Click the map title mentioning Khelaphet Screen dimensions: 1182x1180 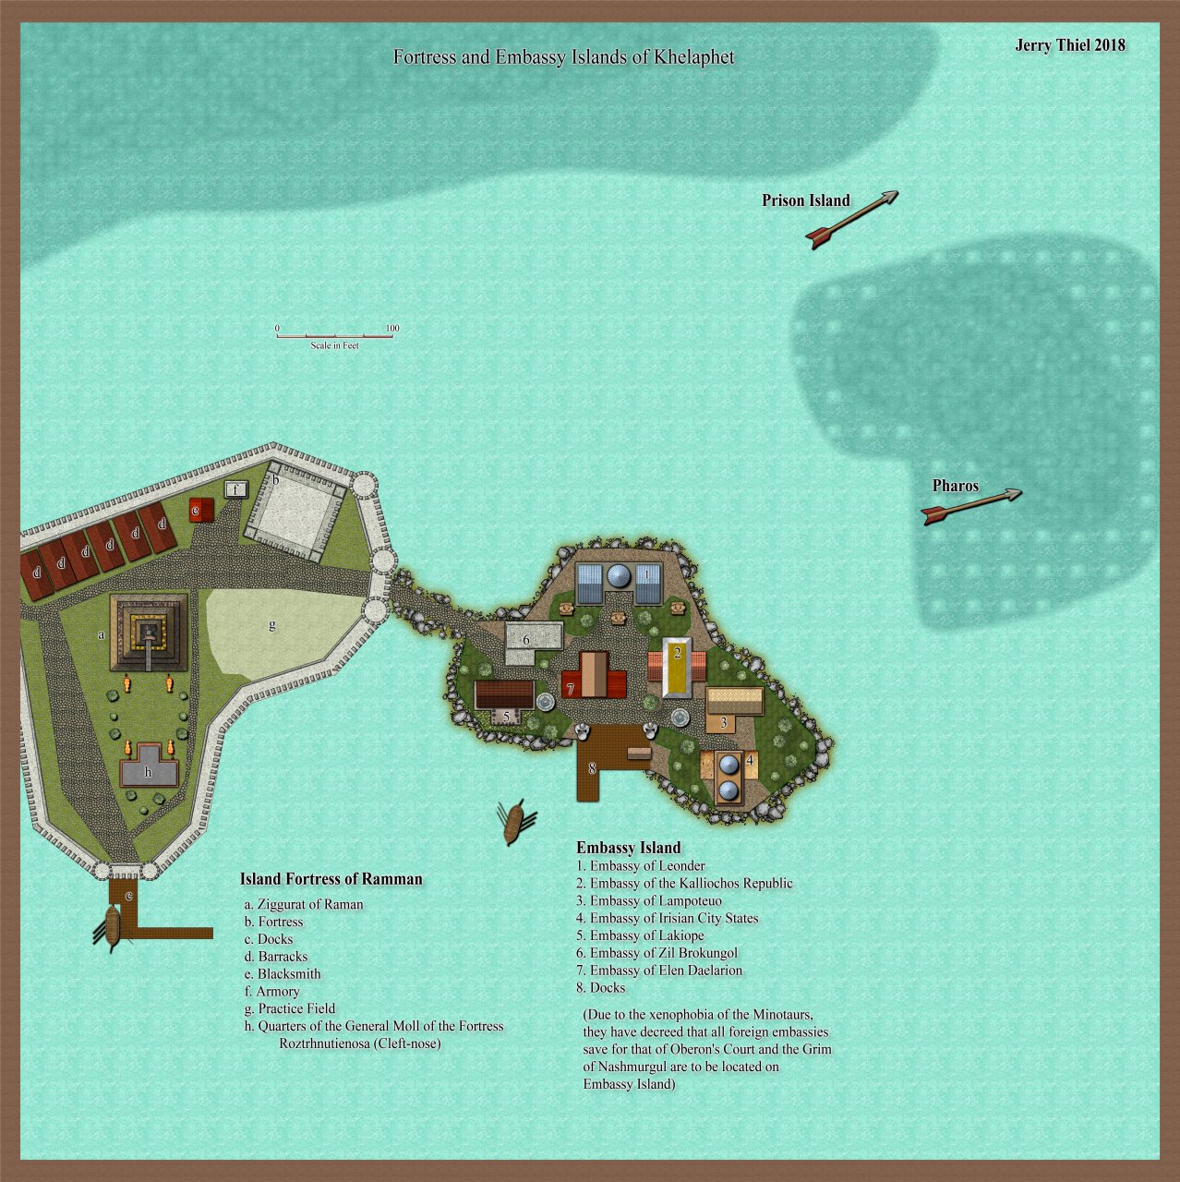click(563, 57)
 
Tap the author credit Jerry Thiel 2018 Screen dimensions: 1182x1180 click(1069, 45)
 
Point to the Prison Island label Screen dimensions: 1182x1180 click(805, 200)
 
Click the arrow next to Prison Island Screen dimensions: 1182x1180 click(851, 220)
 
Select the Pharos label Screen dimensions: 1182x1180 click(955, 486)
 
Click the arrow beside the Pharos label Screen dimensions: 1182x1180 click(971, 506)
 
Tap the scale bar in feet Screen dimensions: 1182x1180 click(335, 335)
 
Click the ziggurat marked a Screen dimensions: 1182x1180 click(149, 632)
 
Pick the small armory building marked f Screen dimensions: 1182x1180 click(236, 489)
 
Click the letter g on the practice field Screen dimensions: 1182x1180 click(271, 625)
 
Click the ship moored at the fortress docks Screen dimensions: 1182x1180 click(112, 927)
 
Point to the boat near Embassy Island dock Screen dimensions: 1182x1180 click(514, 821)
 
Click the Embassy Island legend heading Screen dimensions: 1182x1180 click(628, 848)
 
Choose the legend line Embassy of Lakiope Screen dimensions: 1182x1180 click(646, 935)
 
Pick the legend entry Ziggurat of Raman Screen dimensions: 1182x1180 click(309, 904)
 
